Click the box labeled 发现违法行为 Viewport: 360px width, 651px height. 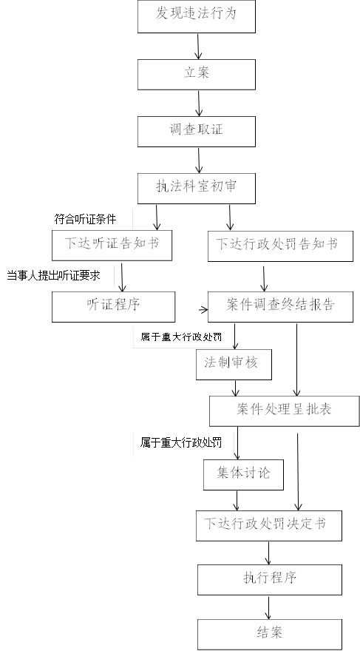[197, 16]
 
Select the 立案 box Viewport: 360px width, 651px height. [197, 74]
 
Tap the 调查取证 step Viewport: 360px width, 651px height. [197, 131]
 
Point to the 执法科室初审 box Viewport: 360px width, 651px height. [197, 189]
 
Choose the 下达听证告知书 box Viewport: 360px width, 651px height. [112, 246]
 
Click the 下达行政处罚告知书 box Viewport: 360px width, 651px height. [280, 246]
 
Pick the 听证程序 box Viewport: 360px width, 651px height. [113, 307]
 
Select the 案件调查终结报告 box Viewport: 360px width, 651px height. [280, 307]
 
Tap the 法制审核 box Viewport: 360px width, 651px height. [234, 365]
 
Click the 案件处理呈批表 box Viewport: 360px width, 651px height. [284, 411]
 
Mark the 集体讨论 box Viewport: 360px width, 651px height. [243, 474]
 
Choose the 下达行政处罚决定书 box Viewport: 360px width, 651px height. [269, 526]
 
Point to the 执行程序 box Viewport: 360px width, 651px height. [270, 579]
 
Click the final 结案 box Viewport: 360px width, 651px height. [270, 635]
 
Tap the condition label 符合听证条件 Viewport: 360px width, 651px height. [86, 219]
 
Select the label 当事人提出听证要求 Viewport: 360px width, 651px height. [53, 275]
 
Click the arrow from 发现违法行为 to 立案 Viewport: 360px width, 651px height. [198, 46]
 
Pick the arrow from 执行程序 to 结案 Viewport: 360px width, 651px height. [269, 607]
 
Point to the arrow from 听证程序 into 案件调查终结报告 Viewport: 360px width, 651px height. [203, 309]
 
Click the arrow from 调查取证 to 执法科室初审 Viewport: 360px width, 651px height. [199, 161]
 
